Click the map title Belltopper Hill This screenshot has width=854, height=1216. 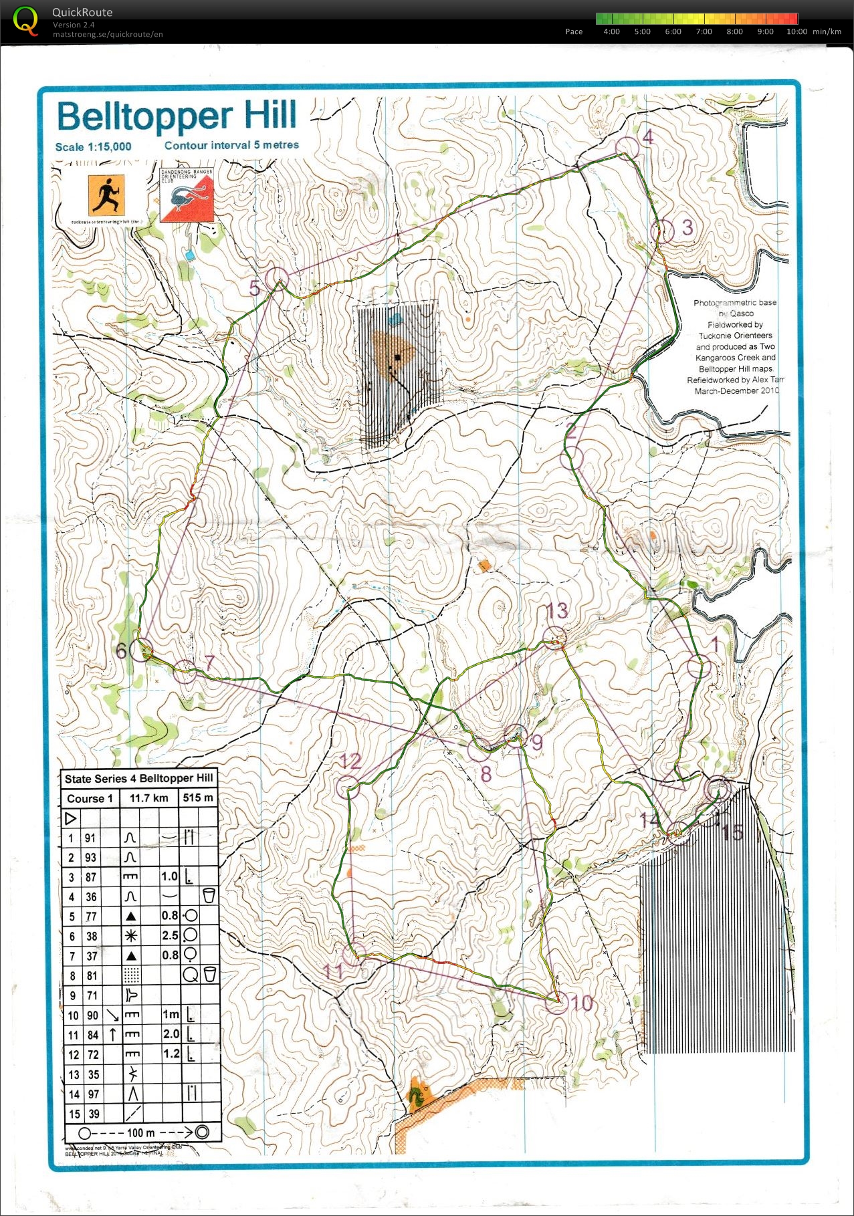click(x=177, y=116)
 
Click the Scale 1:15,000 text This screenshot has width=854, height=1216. click(x=93, y=147)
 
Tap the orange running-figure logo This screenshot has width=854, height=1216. click(x=107, y=195)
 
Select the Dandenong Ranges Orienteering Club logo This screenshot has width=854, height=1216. click(x=187, y=195)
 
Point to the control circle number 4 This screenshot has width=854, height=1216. click(x=627, y=147)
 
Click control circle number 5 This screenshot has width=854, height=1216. click(x=277, y=278)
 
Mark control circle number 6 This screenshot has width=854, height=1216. click(x=141, y=650)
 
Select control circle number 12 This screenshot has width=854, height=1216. click(x=348, y=787)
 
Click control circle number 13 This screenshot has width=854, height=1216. click(x=554, y=638)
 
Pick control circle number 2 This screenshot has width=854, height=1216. click(x=572, y=457)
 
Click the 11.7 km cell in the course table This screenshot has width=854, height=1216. click(x=148, y=798)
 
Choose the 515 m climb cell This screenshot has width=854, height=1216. click(x=198, y=798)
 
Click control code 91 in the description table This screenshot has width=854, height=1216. click(x=90, y=838)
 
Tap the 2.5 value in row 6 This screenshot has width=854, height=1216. click(x=170, y=936)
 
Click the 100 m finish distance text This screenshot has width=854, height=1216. click(x=140, y=1133)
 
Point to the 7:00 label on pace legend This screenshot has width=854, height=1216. click(x=704, y=31)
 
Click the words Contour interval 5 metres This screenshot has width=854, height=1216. click(x=231, y=145)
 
